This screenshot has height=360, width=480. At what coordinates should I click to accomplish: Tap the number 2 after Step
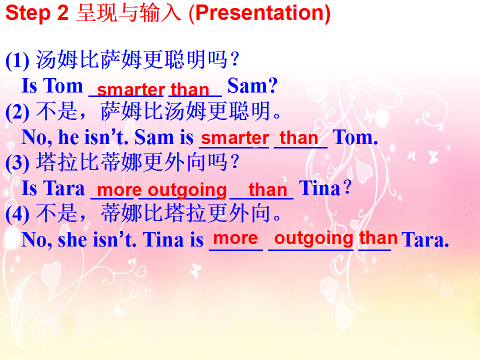[x=62, y=13]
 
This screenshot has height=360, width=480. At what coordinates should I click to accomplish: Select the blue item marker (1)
[x=17, y=60]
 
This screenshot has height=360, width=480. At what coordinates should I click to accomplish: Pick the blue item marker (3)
[x=17, y=162]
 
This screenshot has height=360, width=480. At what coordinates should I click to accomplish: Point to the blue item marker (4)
[x=17, y=214]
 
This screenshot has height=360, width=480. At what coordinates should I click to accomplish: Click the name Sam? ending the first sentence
[x=252, y=85]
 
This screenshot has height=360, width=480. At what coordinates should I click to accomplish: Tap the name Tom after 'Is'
[x=63, y=85]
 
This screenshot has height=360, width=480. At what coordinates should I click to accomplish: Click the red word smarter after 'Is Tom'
[x=131, y=89]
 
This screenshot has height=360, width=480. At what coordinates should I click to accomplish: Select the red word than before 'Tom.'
[x=299, y=138]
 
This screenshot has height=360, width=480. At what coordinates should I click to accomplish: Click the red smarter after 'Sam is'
[x=235, y=138]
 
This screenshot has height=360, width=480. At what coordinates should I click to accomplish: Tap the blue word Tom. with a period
[x=355, y=137]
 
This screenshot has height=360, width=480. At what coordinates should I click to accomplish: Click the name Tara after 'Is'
[x=63, y=188]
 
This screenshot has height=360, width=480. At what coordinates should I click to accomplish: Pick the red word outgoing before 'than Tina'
[x=187, y=190]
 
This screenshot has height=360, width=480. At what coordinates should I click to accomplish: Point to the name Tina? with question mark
[x=325, y=188]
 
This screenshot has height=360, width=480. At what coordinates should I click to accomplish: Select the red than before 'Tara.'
[x=378, y=237]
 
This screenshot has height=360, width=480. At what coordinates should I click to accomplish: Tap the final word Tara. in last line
[x=425, y=239]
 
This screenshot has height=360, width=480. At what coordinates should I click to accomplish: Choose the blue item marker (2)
[x=17, y=111]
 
